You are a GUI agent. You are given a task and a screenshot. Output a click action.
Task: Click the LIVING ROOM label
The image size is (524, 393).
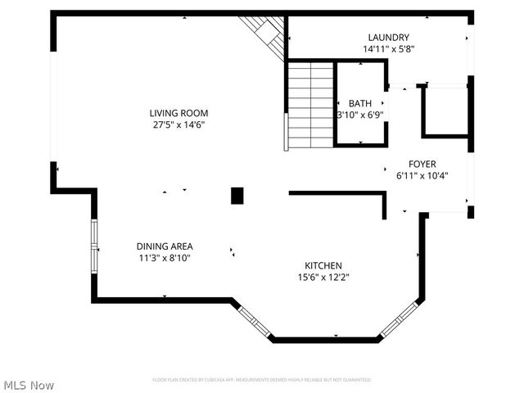click(178, 113)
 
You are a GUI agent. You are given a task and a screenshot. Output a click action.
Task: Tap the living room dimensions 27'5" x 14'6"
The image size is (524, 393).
click(178, 125)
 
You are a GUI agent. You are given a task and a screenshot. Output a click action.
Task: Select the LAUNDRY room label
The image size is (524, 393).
click(388, 38)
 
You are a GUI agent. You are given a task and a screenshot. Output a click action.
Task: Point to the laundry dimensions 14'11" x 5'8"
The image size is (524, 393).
click(388, 49)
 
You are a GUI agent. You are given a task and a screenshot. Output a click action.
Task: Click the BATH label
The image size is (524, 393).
click(360, 103)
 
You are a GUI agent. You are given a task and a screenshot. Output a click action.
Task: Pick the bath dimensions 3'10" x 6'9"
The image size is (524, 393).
click(360, 115)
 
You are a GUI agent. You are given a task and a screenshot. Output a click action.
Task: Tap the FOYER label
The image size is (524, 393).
click(422, 164)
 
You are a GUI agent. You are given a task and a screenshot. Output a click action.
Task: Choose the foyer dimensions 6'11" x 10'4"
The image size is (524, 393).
click(422, 175)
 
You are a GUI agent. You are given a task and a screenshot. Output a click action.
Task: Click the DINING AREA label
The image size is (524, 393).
click(165, 246)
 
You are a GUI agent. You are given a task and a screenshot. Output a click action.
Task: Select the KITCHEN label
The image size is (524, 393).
click(323, 265)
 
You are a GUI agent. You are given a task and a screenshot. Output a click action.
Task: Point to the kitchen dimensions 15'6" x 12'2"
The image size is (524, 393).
click(323, 277)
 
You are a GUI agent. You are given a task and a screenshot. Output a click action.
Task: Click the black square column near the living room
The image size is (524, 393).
click(237, 196)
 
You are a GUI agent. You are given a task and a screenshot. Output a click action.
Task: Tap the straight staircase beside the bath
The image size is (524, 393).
click(310, 103)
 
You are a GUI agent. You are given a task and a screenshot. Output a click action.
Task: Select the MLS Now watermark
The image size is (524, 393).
click(29, 385)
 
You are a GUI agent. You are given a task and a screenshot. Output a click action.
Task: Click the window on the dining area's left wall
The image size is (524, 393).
click(95, 246)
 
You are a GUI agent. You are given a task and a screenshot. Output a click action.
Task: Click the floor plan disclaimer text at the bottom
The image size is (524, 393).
click(262, 380)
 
